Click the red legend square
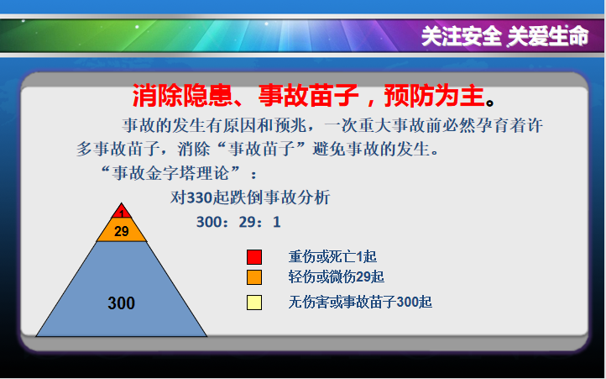click(x=254, y=257)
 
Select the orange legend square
click(x=254, y=277)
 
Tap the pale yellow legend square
click(x=254, y=303)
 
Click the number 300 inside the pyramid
click(x=122, y=303)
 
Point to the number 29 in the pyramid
click(x=122, y=231)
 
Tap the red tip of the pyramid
click(x=122, y=211)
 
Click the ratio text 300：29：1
click(x=238, y=222)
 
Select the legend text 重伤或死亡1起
click(x=332, y=256)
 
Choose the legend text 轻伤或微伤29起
click(x=337, y=276)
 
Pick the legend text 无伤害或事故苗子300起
click(x=360, y=302)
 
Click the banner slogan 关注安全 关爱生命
click(x=504, y=37)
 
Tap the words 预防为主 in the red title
click(x=434, y=96)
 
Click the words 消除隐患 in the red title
click(x=182, y=96)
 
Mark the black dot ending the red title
click(x=490, y=103)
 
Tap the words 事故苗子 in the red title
click(x=308, y=96)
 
